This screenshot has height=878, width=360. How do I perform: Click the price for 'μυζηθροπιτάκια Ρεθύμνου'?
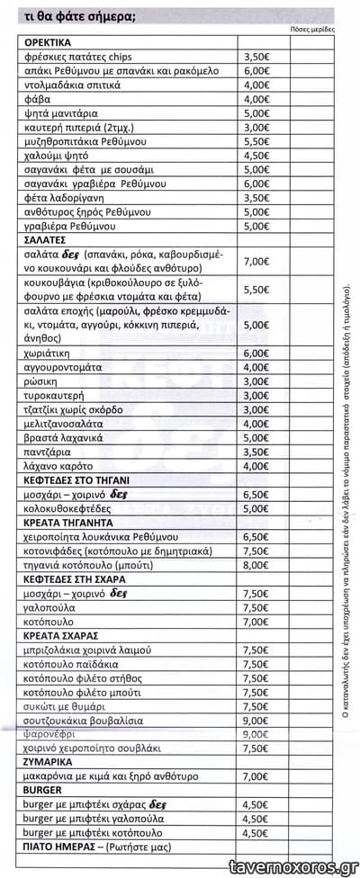tap(257, 141)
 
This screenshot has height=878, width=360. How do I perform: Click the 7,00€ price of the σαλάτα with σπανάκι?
tap(257, 261)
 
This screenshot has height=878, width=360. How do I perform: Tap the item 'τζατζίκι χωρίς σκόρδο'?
tap(78, 409)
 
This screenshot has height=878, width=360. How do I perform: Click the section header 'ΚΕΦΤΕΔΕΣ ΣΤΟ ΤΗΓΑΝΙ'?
tap(78, 480)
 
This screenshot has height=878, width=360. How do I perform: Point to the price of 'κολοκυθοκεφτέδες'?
tap(257, 508)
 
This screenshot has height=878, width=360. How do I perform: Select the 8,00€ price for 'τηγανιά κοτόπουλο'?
tap(257, 565)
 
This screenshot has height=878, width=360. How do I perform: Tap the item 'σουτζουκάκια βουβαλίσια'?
tap(84, 720)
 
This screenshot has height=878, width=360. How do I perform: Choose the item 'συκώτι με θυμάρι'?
tap(68, 706)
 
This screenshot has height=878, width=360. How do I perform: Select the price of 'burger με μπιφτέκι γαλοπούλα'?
tap(257, 819)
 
